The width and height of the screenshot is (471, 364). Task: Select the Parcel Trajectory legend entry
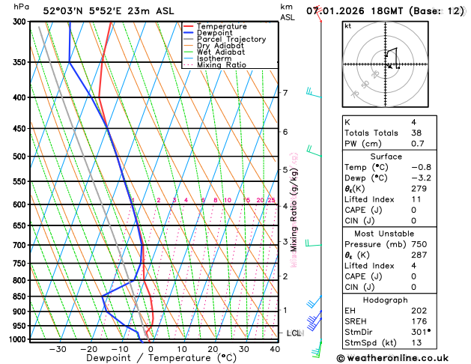tap(231, 40)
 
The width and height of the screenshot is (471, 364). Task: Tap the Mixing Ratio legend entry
tap(221, 65)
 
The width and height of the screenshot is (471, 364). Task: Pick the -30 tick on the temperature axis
tap(58, 349)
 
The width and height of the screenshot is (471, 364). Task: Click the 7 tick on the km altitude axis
tap(285, 93)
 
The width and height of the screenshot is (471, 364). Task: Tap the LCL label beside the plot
tap(294, 333)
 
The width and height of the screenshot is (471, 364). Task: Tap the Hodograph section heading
tap(397, 300)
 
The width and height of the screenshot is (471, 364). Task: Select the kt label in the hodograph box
tap(347, 26)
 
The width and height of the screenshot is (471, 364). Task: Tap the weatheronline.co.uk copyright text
tap(401, 358)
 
